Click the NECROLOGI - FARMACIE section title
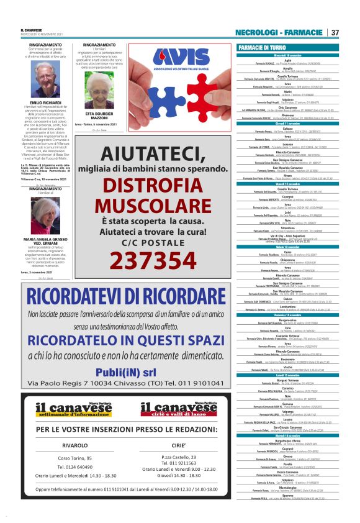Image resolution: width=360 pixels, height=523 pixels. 279,32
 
